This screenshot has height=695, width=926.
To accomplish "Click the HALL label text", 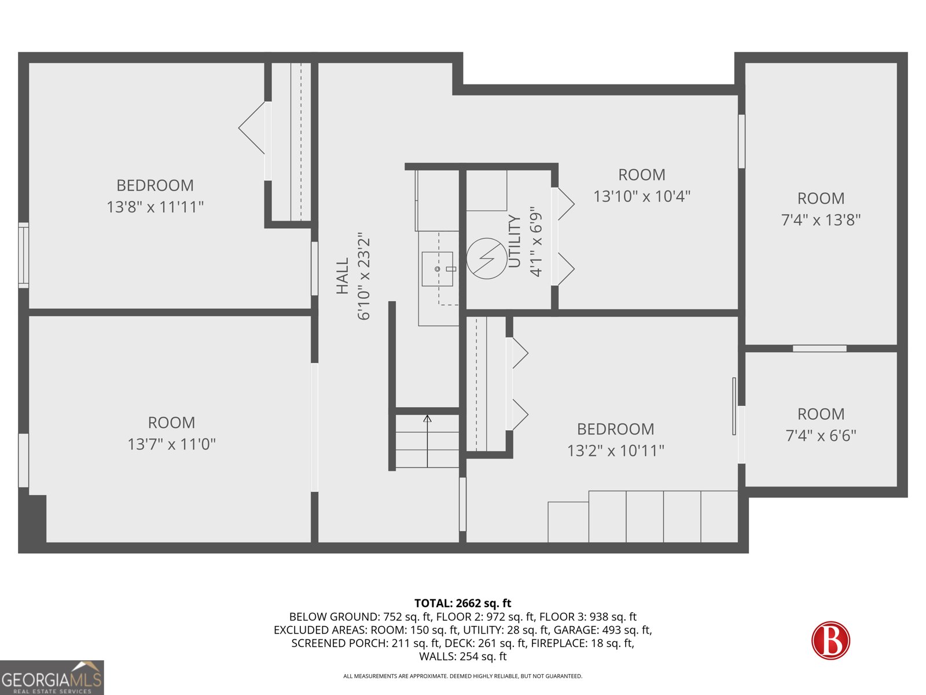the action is point(342,276).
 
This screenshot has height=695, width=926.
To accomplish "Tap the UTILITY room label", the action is point(515,241).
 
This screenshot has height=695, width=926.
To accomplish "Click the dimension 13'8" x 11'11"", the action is point(155,207).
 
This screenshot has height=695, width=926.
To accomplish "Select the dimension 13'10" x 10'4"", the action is point(642,196).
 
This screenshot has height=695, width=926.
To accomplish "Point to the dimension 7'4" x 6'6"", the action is point(821,436).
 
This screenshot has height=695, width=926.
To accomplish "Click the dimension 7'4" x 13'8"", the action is point(821,220).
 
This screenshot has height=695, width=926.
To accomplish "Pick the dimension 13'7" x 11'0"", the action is point(171,444).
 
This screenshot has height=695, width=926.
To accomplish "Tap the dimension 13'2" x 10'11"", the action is point(616,451).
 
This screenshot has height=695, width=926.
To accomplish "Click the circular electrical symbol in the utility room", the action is point(486,258).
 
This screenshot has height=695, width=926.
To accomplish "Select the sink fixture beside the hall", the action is point(438,269).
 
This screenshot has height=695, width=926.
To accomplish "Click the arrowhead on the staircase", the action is point(427,418).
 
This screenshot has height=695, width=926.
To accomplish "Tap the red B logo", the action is point(831,640).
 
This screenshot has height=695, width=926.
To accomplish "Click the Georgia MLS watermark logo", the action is point(52,677).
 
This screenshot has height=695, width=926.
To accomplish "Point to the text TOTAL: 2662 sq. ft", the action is point(463,603).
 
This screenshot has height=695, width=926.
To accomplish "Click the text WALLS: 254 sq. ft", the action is point(463,656).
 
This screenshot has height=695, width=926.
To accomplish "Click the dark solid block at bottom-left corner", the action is point(32,518).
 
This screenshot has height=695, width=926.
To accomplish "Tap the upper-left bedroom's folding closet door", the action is point(252,128).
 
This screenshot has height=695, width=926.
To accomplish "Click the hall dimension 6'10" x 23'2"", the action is point(363,276).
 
